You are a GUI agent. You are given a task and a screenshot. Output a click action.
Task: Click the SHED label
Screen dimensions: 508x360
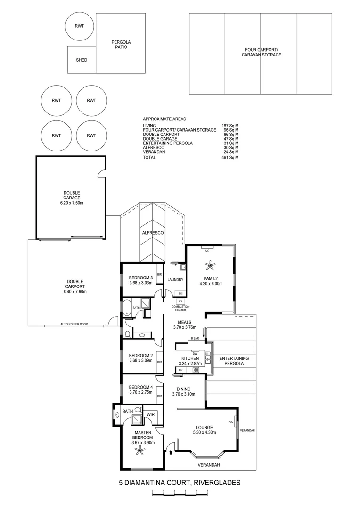[82, 60]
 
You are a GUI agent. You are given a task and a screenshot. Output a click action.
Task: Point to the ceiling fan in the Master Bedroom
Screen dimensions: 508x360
[140, 452]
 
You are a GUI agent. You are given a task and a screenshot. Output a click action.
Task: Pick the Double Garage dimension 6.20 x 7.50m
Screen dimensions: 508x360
[72, 203]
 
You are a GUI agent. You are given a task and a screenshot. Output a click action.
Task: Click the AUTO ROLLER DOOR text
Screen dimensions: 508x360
[74, 324]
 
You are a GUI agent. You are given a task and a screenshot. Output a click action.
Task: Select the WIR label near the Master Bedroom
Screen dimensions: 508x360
[150, 414]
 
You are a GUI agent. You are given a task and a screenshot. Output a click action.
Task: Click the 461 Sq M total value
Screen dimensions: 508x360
[230, 158]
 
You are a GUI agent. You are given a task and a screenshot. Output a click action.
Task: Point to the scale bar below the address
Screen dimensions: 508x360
[180, 492]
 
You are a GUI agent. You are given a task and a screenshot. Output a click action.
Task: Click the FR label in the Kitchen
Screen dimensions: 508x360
[180, 370]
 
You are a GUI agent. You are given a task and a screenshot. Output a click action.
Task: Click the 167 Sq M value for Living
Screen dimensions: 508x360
[230, 126]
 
